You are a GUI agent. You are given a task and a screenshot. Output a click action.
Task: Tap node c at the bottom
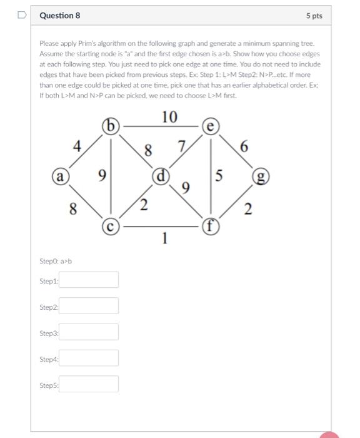tap(110, 224)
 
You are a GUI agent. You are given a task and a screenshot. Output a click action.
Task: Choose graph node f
tap(211, 224)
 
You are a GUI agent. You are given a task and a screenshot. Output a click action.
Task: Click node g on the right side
tap(259, 177)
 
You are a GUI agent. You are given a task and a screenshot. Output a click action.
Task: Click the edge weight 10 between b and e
tap(169, 117)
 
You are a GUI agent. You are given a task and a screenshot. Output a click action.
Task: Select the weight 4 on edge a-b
tap(77, 146)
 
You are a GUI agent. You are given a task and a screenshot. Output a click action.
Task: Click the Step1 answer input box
tap(89, 280)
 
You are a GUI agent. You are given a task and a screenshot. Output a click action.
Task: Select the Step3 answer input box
tap(89, 332)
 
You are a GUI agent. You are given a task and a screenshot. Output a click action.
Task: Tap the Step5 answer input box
tap(89, 384)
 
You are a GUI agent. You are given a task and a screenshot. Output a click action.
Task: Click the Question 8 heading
tap(59, 15)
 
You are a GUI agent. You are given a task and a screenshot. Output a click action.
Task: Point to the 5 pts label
tap(314, 16)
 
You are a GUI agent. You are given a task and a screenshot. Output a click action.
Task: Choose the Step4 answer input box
tap(89, 358)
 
